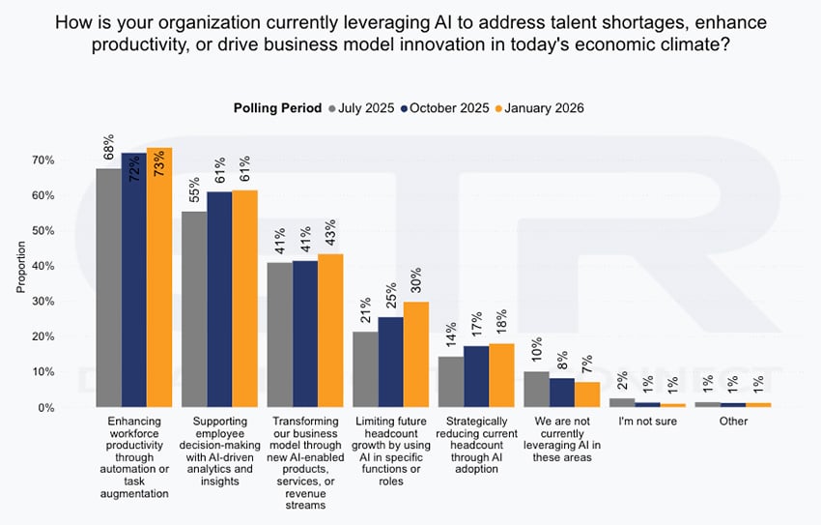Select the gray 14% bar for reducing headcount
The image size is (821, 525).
point(451,383)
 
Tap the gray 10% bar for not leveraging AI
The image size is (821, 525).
point(536,390)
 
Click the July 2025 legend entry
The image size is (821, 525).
point(362,108)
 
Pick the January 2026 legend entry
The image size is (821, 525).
point(542,108)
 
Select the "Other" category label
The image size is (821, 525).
point(733,423)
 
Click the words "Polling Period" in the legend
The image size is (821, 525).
point(277,108)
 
